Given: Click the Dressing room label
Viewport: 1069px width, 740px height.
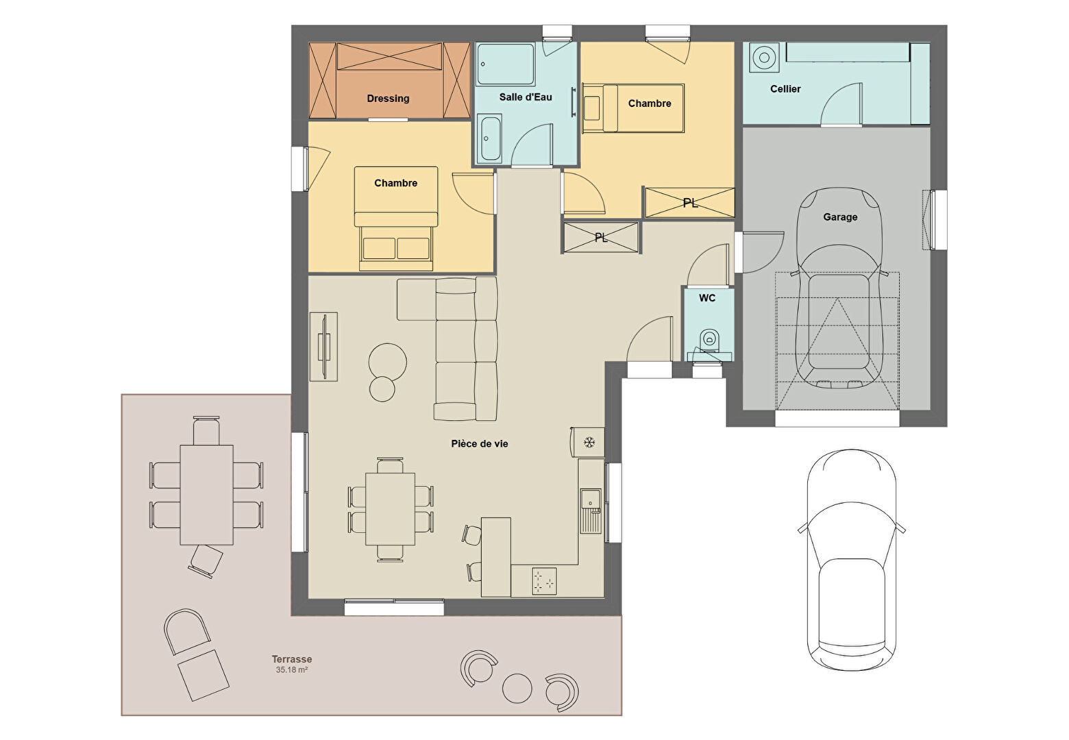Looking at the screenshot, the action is coord(388,98).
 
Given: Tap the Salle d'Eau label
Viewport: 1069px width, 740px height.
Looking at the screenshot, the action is coord(526,97).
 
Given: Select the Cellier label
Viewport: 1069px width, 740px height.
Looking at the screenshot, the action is coord(785,89).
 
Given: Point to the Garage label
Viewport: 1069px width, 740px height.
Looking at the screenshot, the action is coord(840,217).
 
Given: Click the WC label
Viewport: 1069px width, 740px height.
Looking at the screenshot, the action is coord(707,298).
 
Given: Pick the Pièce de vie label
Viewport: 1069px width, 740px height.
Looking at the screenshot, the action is coord(480,444).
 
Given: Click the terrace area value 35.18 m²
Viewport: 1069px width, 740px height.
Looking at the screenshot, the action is coord(292,670).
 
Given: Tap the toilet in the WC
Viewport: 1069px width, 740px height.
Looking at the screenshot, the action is coord(710,340).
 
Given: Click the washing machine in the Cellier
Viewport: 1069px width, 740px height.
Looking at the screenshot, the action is coord(763,58).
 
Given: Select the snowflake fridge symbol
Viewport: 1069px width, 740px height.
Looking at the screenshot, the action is coord(589,442).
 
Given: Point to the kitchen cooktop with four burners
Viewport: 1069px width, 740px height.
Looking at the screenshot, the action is coord(544,582).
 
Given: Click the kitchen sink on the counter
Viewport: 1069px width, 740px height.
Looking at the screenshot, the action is coord(591,510).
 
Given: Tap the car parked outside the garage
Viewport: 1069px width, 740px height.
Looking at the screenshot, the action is coord(852,560).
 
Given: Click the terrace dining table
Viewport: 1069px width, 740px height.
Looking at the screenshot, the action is coord(207,495).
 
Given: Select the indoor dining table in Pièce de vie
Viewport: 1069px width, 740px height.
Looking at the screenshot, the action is coord(391,508).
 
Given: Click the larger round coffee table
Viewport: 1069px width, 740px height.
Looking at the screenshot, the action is coord(388,362).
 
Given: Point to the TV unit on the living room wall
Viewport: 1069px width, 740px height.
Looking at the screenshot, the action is coord(323,347).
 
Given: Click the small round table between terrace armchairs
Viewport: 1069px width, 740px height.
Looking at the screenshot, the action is coord(517,688).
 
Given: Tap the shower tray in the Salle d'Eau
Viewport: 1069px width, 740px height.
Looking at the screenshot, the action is coord(506,64).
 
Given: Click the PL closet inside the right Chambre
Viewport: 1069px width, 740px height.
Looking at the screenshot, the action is coord(689,203).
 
